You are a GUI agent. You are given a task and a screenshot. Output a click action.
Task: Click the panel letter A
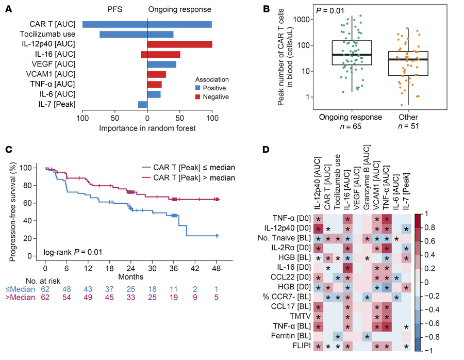(9, 8)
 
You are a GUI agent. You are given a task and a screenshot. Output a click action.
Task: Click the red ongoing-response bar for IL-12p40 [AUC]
(179, 44)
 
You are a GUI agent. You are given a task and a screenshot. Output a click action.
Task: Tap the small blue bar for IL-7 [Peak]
(143, 104)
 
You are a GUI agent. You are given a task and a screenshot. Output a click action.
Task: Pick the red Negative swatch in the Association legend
(201, 96)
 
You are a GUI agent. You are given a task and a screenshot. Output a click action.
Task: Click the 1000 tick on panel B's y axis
(294, 20)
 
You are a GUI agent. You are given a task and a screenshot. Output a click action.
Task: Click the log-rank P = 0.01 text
(70, 252)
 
